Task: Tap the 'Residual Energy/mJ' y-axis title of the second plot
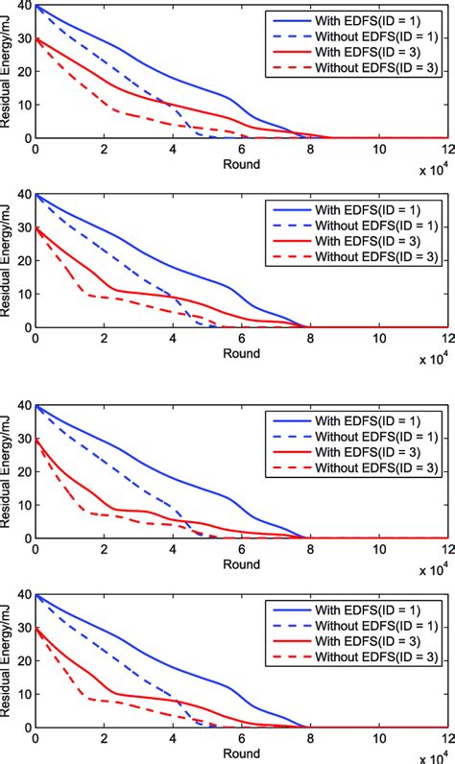pos(9,262)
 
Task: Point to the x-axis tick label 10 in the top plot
pos(379,150)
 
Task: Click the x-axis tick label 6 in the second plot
pos(242,339)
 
